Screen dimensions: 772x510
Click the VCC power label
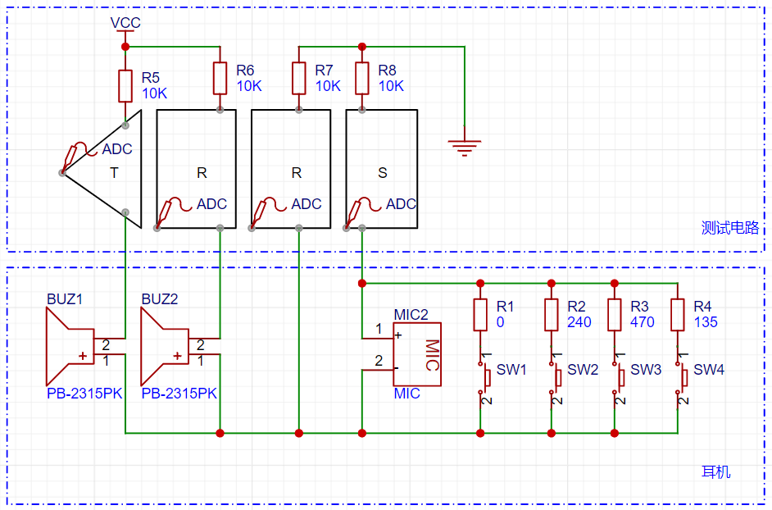(x=125, y=23)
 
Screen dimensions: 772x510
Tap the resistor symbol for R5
(x=125, y=86)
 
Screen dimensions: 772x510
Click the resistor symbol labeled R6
(x=220, y=78)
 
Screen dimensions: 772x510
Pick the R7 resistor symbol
(x=299, y=78)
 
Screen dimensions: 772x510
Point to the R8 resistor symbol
(x=362, y=78)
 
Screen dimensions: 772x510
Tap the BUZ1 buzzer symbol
(x=70, y=346)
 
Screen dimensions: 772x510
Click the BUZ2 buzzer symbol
(x=165, y=346)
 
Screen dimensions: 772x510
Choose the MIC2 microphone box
(x=416, y=354)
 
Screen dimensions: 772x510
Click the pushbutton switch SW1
(x=484, y=378)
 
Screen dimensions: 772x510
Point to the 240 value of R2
(x=579, y=322)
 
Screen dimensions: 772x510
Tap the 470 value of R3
(x=642, y=322)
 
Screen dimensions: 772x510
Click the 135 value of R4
(x=706, y=322)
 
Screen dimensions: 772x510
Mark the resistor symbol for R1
(x=480, y=314)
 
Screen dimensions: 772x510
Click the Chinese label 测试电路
(x=730, y=228)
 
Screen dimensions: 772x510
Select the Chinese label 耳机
(x=716, y=472)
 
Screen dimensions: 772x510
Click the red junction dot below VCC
(x=125, y=47)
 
